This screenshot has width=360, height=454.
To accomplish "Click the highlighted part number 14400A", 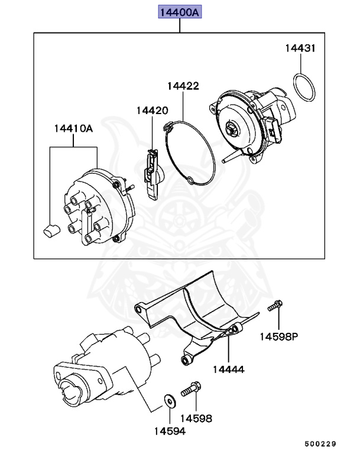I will (x=179, y=12).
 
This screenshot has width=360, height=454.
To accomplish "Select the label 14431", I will (x=300, y=48).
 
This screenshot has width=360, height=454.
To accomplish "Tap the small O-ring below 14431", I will (x=304, y=87).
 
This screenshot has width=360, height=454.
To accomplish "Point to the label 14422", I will (x=183, y=86).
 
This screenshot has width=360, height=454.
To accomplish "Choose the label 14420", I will (x=152, y=110).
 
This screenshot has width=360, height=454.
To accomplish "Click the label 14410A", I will (x=73, y=128).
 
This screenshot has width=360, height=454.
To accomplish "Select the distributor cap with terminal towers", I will (x=98, y=207).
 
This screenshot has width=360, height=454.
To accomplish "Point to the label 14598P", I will (x=278, y=336).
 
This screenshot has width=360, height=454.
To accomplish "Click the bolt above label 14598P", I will (x=275, y=306).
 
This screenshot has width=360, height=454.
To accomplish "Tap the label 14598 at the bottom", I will (x=196, y=418).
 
